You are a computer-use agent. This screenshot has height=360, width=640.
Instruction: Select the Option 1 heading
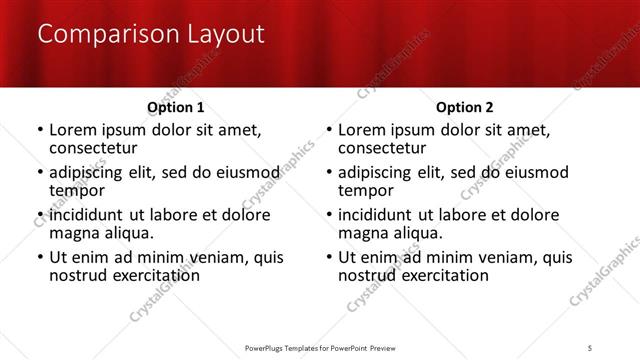pyautogui.click(x=176, y=107)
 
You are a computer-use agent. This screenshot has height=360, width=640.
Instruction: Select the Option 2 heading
pyautogui.click(x=465, y=107)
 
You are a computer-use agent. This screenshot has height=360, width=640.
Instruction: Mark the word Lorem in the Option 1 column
pyautogui.click(x=72, y=130)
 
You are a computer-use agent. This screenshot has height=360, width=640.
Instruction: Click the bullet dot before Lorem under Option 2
pyautogui.click(x=328, y=131)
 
